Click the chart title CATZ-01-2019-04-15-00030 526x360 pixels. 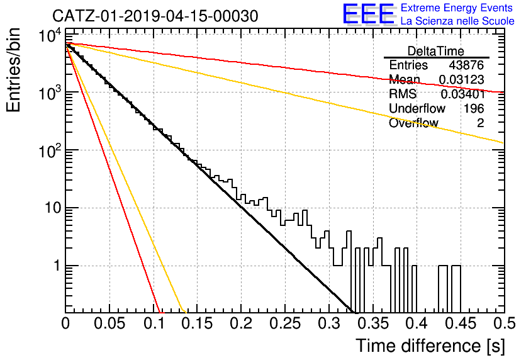click(x=155, y=16)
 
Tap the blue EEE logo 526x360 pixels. click(x=368, y=14)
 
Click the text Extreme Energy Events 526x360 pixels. click(x=457, y=8)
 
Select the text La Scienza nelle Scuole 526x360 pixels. click(x=457, y=21)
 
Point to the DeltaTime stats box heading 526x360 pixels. click(x=436, y=51)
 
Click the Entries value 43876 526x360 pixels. click(x=466, y=65)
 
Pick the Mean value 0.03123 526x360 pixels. click(x=461, y=79)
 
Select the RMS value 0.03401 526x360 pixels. click(x=462, y=94)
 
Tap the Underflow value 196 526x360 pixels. click(x=474, y=108)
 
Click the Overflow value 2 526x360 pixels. click(x=480, y=123)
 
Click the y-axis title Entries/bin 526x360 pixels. click(x=13, y=70)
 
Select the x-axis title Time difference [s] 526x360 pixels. click(x=430, y=346)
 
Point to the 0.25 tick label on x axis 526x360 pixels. click(x=285, y=323)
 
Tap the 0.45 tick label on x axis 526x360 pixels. click(x=461, y=323)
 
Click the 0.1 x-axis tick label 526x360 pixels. click(x=155, y=323)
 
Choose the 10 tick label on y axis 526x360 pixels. click(x=53, y=208)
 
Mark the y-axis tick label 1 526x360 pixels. click(x=57, y=266)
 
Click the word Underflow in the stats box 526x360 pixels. click(x=417, y=108)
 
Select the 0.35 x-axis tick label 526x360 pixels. click(x=373, y=323)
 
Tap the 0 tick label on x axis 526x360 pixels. click(x=65, y=323)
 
